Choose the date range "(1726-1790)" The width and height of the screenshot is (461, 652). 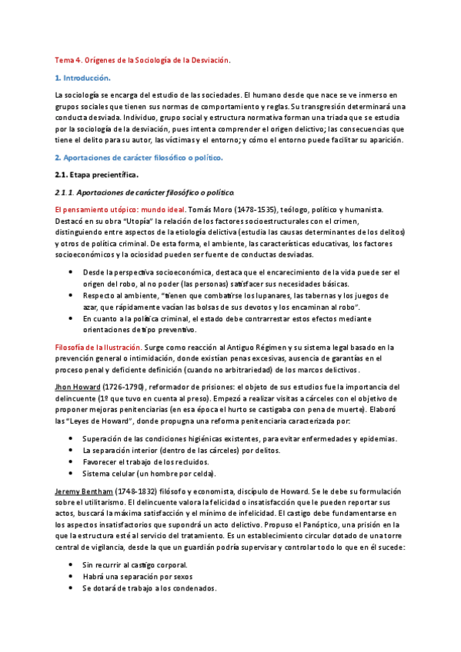coord(124,383)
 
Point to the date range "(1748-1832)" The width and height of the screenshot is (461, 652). coord(137,490)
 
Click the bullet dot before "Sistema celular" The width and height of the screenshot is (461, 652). coord(72,474)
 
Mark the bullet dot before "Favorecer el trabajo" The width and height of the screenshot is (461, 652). coord(72,462)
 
